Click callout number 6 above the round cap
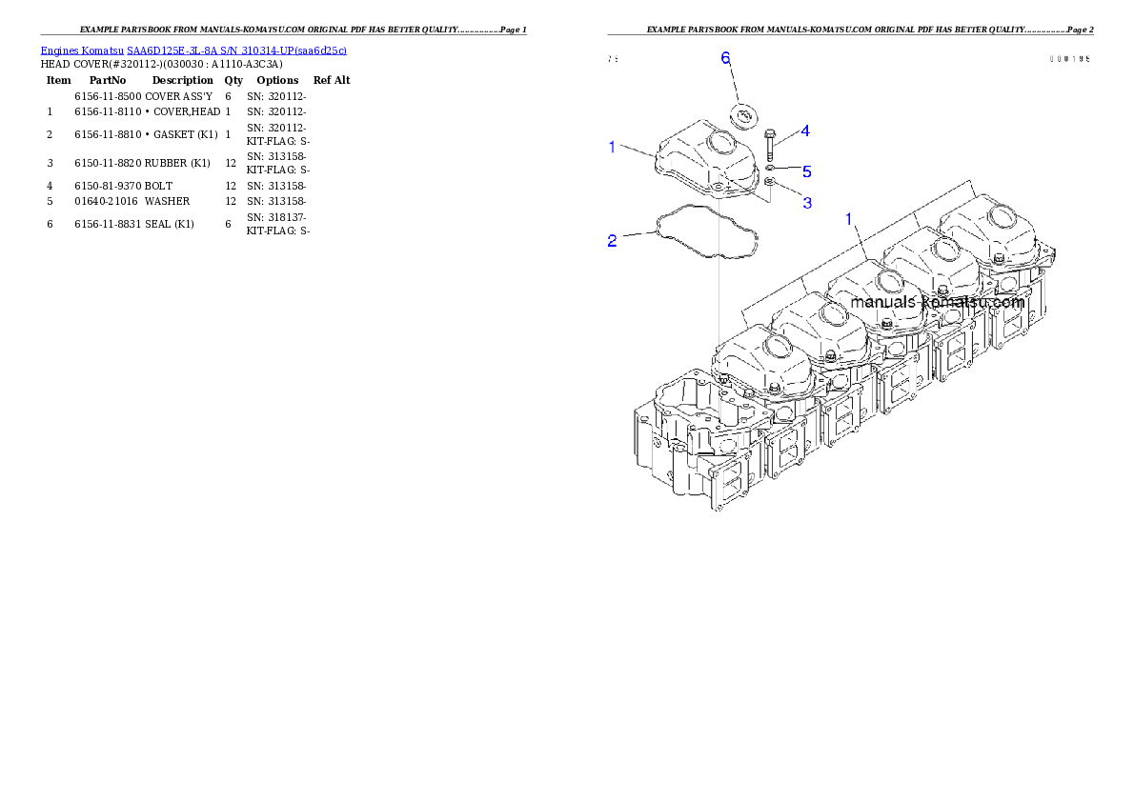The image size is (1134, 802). pyautogui.click(x=725, y=58)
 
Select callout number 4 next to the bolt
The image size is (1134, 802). pyautogui.click(x=805, y=130)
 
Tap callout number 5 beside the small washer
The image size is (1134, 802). pyautogui.click(x=806, y=171)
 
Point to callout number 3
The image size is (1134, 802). pyautogui.click(x=806, y=203)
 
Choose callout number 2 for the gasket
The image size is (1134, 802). pyautogui.click(x=613, y=240)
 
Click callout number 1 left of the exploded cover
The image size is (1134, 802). pyautogui.click(x=613, y=146)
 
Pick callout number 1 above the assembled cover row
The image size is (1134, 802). pyautogui.click(x=848, y=219)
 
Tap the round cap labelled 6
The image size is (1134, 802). pyautogui.click(x=742, y=116)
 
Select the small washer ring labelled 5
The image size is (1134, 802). pyautogui.click(x=769, y=168)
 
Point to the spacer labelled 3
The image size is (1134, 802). pyautogui.click(x=770, y=181)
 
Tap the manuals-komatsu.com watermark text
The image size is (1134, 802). pyautogui.click(x=937, y=302)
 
